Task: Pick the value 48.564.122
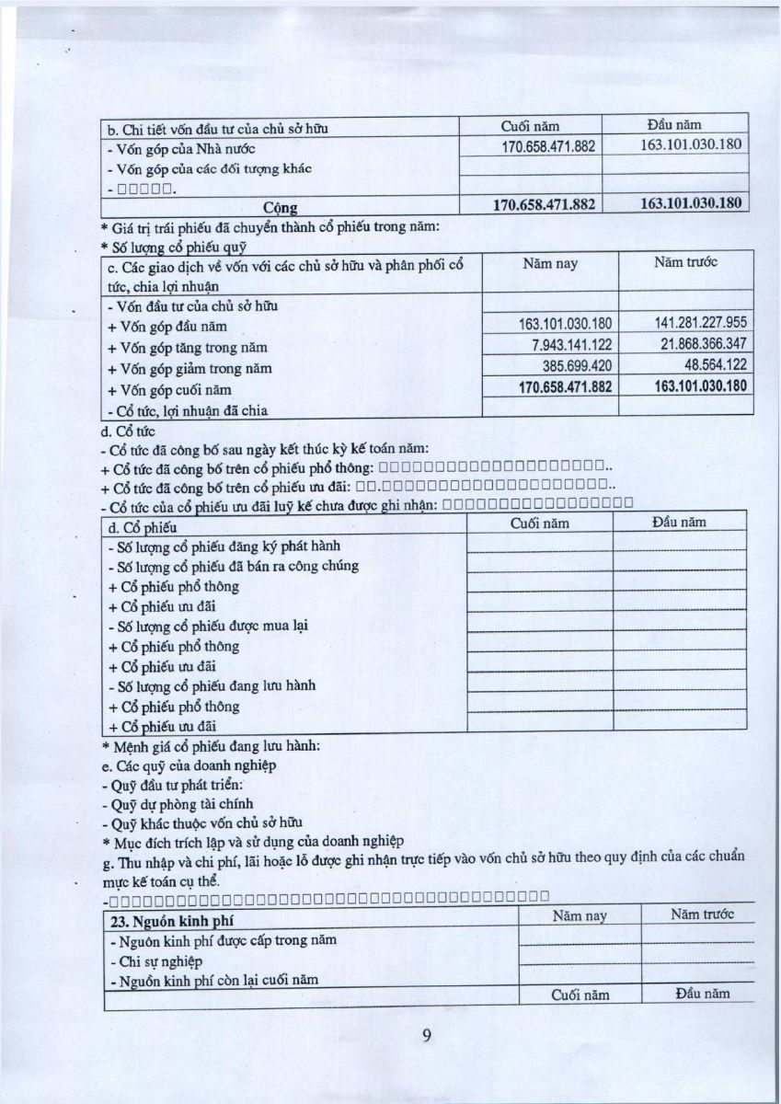pyautogui.click(x=713, y=365)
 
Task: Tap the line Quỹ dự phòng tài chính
pyautogui.click(x=170, y=805)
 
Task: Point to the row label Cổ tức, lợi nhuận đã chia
pyautogui.click(x=187, y=410)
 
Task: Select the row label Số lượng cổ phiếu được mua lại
pyautogui.click(x=207, y=627)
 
